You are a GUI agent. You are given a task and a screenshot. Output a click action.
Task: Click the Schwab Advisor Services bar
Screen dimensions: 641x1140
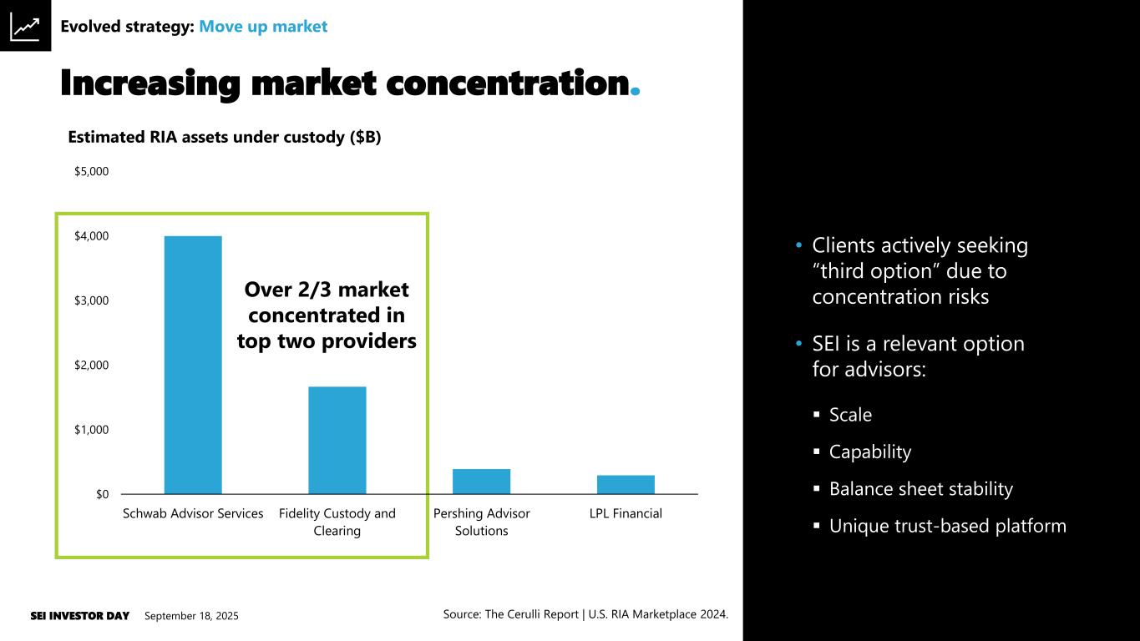click(x=193, y=365)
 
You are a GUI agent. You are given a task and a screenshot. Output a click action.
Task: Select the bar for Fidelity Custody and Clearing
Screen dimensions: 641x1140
click(x=337, y=440)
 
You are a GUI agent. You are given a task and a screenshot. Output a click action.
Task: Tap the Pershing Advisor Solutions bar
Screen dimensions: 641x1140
click(x=481, y=482)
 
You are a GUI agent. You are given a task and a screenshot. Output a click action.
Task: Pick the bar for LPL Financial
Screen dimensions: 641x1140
click(x=626, y=485)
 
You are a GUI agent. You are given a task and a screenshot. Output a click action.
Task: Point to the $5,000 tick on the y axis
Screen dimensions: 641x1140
click(x=92, y=172)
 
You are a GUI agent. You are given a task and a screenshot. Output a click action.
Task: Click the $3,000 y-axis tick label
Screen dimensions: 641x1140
click(x=92, y=300)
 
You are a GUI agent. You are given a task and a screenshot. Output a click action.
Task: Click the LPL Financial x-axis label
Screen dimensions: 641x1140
click(x=626, y=513)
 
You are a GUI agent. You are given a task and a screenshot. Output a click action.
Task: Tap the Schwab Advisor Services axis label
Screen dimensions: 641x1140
click(x=193, y=513)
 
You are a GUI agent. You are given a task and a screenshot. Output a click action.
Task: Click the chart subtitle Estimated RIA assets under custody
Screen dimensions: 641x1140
click(x=224, y=138)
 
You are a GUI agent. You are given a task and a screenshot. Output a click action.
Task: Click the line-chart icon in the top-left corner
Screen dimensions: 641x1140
click(x=25, y=27)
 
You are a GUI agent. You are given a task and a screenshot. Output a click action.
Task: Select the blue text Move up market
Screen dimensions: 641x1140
click(x=263, y=27)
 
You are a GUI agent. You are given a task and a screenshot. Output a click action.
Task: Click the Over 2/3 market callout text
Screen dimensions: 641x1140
click(x=327, y=315)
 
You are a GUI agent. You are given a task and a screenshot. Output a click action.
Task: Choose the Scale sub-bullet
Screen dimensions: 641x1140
click(x=850, y=415)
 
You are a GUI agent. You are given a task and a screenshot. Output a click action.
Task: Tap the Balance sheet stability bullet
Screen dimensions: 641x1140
click(x=920, y=489)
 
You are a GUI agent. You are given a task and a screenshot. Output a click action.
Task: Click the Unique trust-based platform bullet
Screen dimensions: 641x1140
click(x=947, y=526)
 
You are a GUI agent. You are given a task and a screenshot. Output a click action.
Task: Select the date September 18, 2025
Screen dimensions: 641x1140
click(x=191, y=616)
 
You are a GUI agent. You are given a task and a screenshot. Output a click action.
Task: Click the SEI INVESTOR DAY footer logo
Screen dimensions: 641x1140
click(x=79, y=616)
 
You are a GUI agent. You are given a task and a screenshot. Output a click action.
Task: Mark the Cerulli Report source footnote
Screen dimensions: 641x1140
click(x=585, y=614)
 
